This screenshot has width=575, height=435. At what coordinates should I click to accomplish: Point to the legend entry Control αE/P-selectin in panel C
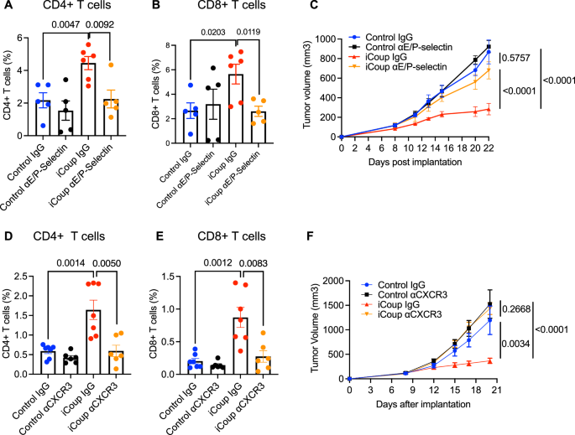419,47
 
